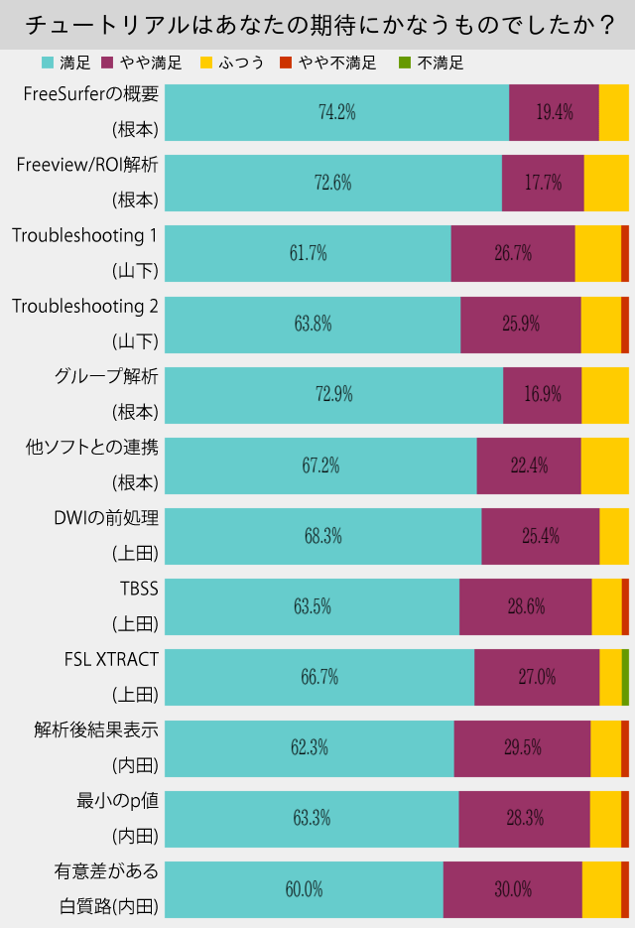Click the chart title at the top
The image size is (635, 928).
click(x=317, y=25)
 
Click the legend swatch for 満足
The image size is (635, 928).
click(x=47, y=63)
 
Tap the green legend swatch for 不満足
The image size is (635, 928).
click(x=404, y=63)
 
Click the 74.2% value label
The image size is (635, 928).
click(x=337, y=112)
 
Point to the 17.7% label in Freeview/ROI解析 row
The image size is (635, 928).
click(x=543, y=183)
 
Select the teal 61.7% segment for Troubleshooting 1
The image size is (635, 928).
click(x=308, y=253)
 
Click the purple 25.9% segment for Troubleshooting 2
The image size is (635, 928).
click(x=521, y=324)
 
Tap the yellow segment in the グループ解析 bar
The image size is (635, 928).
click(x=605, y=394)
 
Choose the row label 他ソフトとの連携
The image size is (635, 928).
click(x=91, y=448)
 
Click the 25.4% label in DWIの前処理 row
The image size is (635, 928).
click(x=541, y=536)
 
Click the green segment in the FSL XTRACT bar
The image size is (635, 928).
click(x=625, y=677)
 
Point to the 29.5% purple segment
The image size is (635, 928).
click(x=522, y=747)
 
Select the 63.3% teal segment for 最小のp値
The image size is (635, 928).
click(x=312, y=818)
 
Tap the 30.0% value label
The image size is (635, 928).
click(x=513, y=889)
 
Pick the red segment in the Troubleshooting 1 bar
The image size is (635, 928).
click(x=625, y=253)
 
